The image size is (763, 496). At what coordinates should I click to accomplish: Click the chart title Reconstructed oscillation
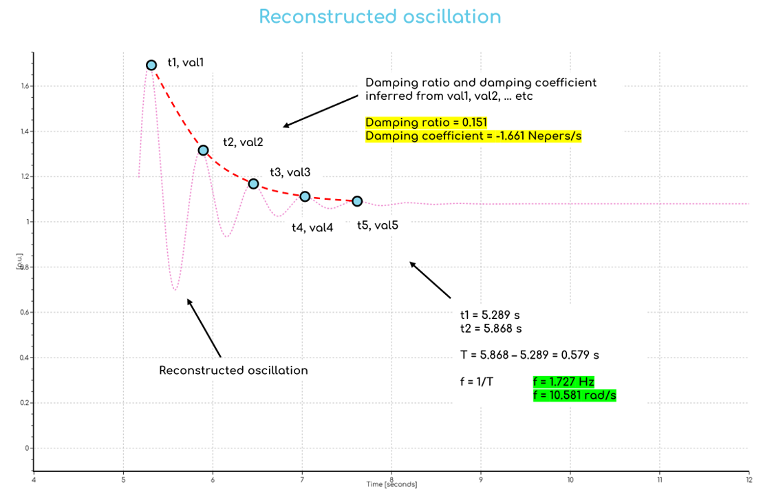coord(380,17)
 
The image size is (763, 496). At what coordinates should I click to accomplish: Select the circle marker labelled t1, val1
coord(151,65)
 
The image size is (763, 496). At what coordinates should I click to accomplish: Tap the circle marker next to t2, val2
coord(203,150)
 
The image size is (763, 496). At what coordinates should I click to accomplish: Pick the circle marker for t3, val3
coord(253,184)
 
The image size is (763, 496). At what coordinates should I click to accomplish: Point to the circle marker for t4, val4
coord(305,196)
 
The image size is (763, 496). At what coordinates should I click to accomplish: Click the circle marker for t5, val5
coord(357,201)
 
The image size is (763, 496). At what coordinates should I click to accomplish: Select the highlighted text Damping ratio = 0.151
coord(426,123)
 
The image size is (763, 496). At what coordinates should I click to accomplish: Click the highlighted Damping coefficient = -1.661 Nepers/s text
coord(473,136)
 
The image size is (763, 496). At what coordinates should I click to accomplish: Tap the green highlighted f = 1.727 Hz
coord(563,382)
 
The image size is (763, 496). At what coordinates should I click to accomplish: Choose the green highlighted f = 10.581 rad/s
coord(574,395)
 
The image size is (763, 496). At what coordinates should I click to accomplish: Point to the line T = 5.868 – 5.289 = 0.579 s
coord(529,355)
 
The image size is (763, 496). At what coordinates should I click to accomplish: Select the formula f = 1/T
coord(477,382)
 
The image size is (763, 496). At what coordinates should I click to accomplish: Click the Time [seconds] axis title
coord(391,484)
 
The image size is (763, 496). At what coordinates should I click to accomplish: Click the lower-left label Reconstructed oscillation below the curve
coord(233,371)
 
